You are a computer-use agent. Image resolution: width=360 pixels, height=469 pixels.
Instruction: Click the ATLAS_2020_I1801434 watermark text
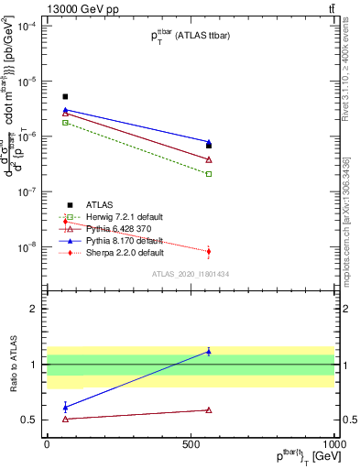[x=190, y=274]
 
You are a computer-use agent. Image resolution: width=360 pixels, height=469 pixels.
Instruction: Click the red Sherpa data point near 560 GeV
[x=209, y=251]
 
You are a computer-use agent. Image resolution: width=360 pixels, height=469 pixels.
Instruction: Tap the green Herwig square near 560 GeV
[x=209, y=173]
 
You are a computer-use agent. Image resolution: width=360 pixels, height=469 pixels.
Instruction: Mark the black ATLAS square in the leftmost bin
[x=65, y=96]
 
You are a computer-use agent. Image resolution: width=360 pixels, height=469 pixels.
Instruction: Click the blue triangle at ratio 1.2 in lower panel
[x=209, y=352]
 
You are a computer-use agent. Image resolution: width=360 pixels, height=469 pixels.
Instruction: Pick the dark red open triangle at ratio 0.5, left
[x=65, y=419]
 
